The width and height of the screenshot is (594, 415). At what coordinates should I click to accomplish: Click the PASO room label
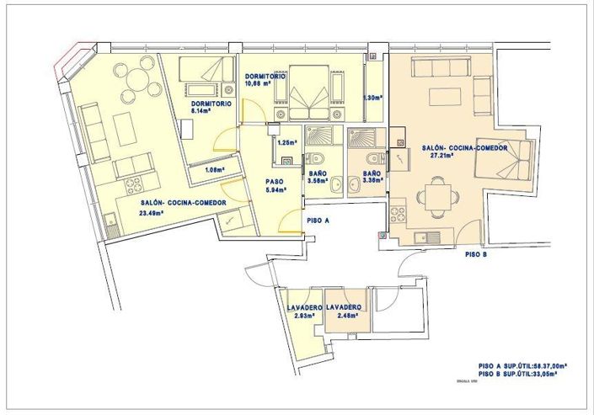click(274, 181)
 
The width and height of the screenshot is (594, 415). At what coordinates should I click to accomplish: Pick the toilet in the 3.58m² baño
click(314, 159)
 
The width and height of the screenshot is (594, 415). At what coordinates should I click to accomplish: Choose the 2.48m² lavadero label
click(346, 316)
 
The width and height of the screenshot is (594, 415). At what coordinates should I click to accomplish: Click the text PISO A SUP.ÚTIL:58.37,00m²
click(522, 365)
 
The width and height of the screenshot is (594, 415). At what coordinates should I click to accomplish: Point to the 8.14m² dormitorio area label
click(201, 110)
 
